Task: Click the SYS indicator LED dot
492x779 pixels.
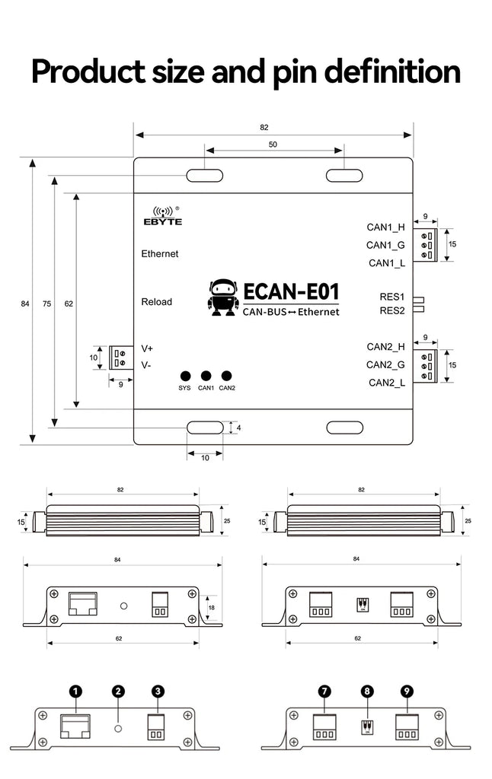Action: [185, 376]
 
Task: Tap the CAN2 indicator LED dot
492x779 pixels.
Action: [226, 376]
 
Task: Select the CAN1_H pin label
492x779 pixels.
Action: [385, 227]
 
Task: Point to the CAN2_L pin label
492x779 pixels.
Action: [386, 383]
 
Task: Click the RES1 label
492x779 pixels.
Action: [391, 297]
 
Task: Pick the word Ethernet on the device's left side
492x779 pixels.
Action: [160, 253]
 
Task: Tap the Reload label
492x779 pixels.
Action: [157, 302]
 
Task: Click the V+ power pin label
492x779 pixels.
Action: [147, 348]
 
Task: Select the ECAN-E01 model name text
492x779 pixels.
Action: [291, 292]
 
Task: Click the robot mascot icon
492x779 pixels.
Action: [222, 297]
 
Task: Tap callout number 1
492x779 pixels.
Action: [75, 691]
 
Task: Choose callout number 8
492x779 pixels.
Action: [368, 691]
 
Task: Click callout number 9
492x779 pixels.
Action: [407, 691]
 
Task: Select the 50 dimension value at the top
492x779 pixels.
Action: [273, 144]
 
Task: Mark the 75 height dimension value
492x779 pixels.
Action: [47, 304]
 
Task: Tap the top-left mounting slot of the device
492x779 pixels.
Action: [206, 176]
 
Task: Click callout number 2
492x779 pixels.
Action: [118, 691]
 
